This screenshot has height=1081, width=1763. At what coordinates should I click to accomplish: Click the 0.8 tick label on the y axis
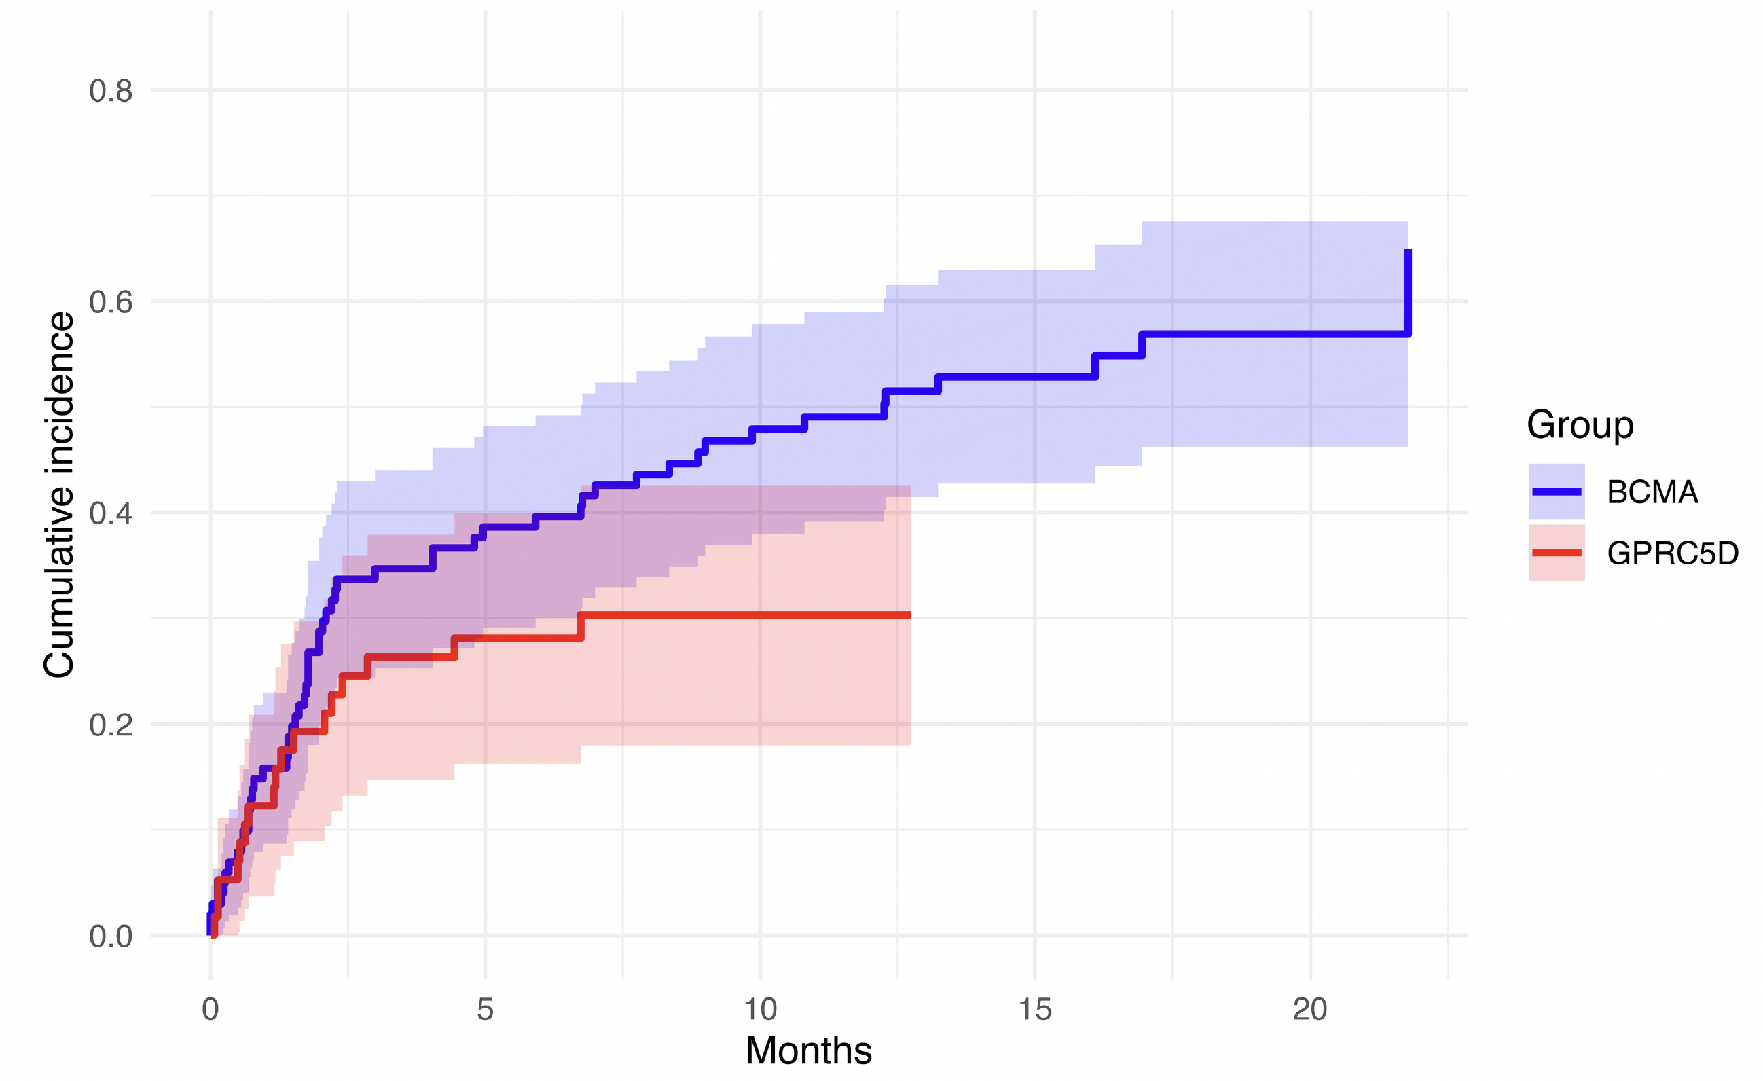111,92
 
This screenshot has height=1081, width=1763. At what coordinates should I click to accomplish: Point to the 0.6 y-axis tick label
111,303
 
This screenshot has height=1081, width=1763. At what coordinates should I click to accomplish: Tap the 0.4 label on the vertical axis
111,513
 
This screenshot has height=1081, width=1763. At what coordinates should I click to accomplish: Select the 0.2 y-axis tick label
111,725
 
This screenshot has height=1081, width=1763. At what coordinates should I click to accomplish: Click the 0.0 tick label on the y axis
111,936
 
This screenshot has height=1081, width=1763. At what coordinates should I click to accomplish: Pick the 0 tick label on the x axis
210,1010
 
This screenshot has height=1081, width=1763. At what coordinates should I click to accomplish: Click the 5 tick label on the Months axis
485,1010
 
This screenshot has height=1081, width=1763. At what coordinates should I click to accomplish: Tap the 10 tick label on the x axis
760,1010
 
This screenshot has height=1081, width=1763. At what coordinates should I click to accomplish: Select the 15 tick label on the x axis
1034,1010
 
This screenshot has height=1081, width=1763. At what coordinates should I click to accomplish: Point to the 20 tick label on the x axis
1309,1010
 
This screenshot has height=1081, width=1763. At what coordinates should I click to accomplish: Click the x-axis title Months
809,1051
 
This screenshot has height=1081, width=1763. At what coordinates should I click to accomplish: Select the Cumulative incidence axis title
58,495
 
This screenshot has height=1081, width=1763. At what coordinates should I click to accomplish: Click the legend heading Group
1580,425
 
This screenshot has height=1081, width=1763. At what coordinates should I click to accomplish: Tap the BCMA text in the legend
1652,493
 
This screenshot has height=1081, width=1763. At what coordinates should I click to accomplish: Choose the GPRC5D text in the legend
1672,553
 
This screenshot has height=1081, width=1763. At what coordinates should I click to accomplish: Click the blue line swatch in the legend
1557,492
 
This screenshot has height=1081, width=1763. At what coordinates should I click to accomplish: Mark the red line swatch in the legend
1557,553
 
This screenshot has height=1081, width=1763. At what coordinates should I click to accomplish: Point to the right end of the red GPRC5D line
909,615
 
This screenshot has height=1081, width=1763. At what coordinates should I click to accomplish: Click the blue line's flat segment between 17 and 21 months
1273,334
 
